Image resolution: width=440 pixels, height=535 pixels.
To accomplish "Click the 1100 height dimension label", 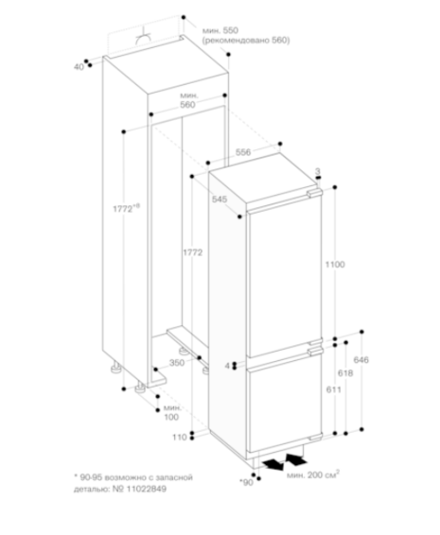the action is [335, 264].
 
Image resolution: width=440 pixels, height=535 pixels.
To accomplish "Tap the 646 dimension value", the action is [361, 359].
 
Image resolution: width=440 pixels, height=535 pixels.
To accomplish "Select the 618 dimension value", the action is [345, 373].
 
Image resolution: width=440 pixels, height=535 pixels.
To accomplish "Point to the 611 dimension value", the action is [333, 389].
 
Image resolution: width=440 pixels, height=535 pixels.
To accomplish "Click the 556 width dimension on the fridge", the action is [243, 152].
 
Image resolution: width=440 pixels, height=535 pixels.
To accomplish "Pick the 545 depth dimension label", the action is [220, 198].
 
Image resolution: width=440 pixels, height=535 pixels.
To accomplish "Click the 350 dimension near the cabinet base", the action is [177, 363].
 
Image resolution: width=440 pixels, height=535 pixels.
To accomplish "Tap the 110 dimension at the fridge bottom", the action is [180, 437].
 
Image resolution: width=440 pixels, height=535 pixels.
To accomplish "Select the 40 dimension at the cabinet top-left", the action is [79, 67].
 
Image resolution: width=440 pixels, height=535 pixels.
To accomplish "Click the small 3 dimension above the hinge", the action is [318, 171].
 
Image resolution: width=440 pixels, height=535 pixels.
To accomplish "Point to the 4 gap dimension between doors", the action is [227, 366].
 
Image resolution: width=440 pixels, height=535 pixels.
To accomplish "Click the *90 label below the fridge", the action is [247, 482].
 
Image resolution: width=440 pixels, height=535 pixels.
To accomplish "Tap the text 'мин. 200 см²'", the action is [313, 475].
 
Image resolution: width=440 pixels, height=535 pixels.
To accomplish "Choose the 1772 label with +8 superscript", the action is [127, 208].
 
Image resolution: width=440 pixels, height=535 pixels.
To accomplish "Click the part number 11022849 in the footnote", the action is [147, 489].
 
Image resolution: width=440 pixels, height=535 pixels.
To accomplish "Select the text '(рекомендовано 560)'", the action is [246, 41].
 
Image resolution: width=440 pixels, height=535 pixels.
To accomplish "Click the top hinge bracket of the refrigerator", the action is [314, 193].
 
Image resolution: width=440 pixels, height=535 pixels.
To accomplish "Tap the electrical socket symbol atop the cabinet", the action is [143, 37].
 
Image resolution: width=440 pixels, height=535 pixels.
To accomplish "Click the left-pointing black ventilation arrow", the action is [273, 464].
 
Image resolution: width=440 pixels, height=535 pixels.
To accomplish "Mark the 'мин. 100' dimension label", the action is [172, 412].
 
